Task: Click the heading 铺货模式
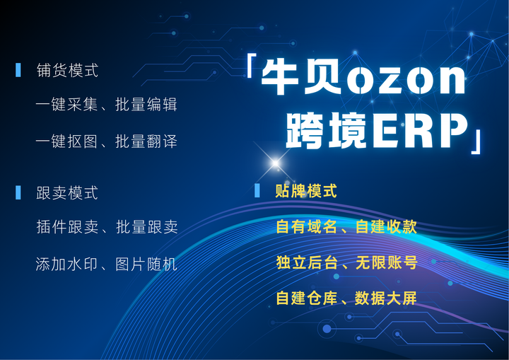click(x=67, y=71)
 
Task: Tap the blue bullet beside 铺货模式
click(x=18, y=70)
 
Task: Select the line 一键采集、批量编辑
click(x=106, y=105)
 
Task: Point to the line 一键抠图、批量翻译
click(x=106, y=141)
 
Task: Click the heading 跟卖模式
click(x=67, y=193)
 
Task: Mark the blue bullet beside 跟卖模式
click(x=18, y=192)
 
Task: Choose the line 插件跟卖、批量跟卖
click(x=106, y=227)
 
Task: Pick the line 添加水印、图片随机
click(x=106, y=265)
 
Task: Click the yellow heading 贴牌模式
click(x=306, y=191)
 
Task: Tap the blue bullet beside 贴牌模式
click(x=257, y=190)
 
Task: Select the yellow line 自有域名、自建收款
click(x=346, y=227)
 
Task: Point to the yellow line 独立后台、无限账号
click(x=346, y=263)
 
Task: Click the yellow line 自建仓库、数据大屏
click(x=346, y=298)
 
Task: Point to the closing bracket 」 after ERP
click(x=479, y=139)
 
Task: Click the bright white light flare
click(x=275, y=163)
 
